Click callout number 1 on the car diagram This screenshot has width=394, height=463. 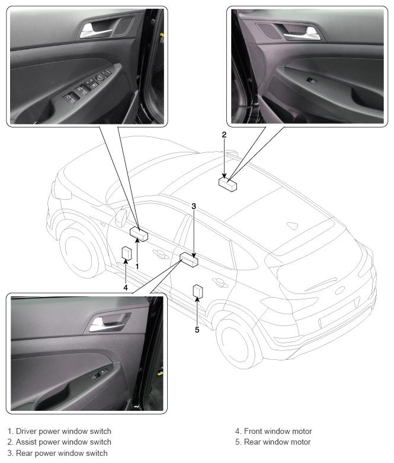pyautogui.click(x=137, y=266)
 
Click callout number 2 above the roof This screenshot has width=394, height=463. pyautogui.click(x=224, y=135)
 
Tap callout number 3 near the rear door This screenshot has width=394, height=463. pyautogui.click(x=194, y=206)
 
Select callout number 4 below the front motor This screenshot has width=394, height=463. pyautogui.click(x=126, y=288)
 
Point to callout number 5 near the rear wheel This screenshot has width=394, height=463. pyautogui.click(x=197, y=330)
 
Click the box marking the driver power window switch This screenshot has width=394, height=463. pyautogui.click(x=139, y=234)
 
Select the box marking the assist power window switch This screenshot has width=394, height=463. pyautogui.click(x=228, y=184)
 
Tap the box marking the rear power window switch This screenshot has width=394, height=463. pyautogui.click(x=189, y=260)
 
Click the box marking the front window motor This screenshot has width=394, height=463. pyautogui.click(x=127, y=253)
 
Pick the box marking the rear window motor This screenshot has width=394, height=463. pyautogui.click(x=198, y=291)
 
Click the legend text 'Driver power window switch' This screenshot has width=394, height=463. pyautogui.click(x=63, y=431)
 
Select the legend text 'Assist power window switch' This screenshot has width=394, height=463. pyautogui.click(x=63, y=442)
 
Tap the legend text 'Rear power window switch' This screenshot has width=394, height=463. pyautogui.click(x=62, y=454)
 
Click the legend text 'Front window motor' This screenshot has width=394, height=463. pyautogui.click(x=278, y=431)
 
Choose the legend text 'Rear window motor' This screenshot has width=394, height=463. pyautogui.click(x=277, y=442)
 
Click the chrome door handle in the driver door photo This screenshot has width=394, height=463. pyautogui.click(x=94, y=31)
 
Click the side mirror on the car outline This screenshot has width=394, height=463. pyautogui.click(x=120, y=218)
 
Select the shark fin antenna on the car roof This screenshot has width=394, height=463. pyautogui.click(x=292, y=226)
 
